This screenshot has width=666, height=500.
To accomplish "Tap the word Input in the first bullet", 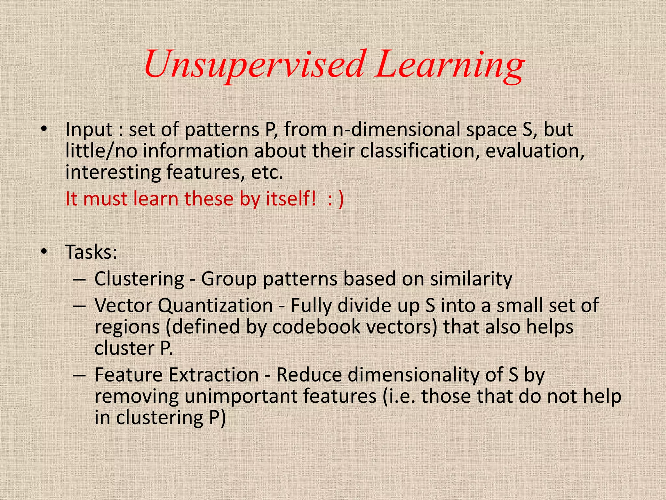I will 89,130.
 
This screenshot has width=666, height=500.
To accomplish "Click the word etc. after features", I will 267,173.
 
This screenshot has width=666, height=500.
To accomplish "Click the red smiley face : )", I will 336,199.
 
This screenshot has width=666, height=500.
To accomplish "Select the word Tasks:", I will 91,252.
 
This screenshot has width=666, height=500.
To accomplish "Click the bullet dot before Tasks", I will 44,252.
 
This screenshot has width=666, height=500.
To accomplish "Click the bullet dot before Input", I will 44,130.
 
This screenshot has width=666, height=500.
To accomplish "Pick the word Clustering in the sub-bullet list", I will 139,279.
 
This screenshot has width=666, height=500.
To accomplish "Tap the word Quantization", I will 215,306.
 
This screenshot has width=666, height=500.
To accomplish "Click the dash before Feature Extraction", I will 79,375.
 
